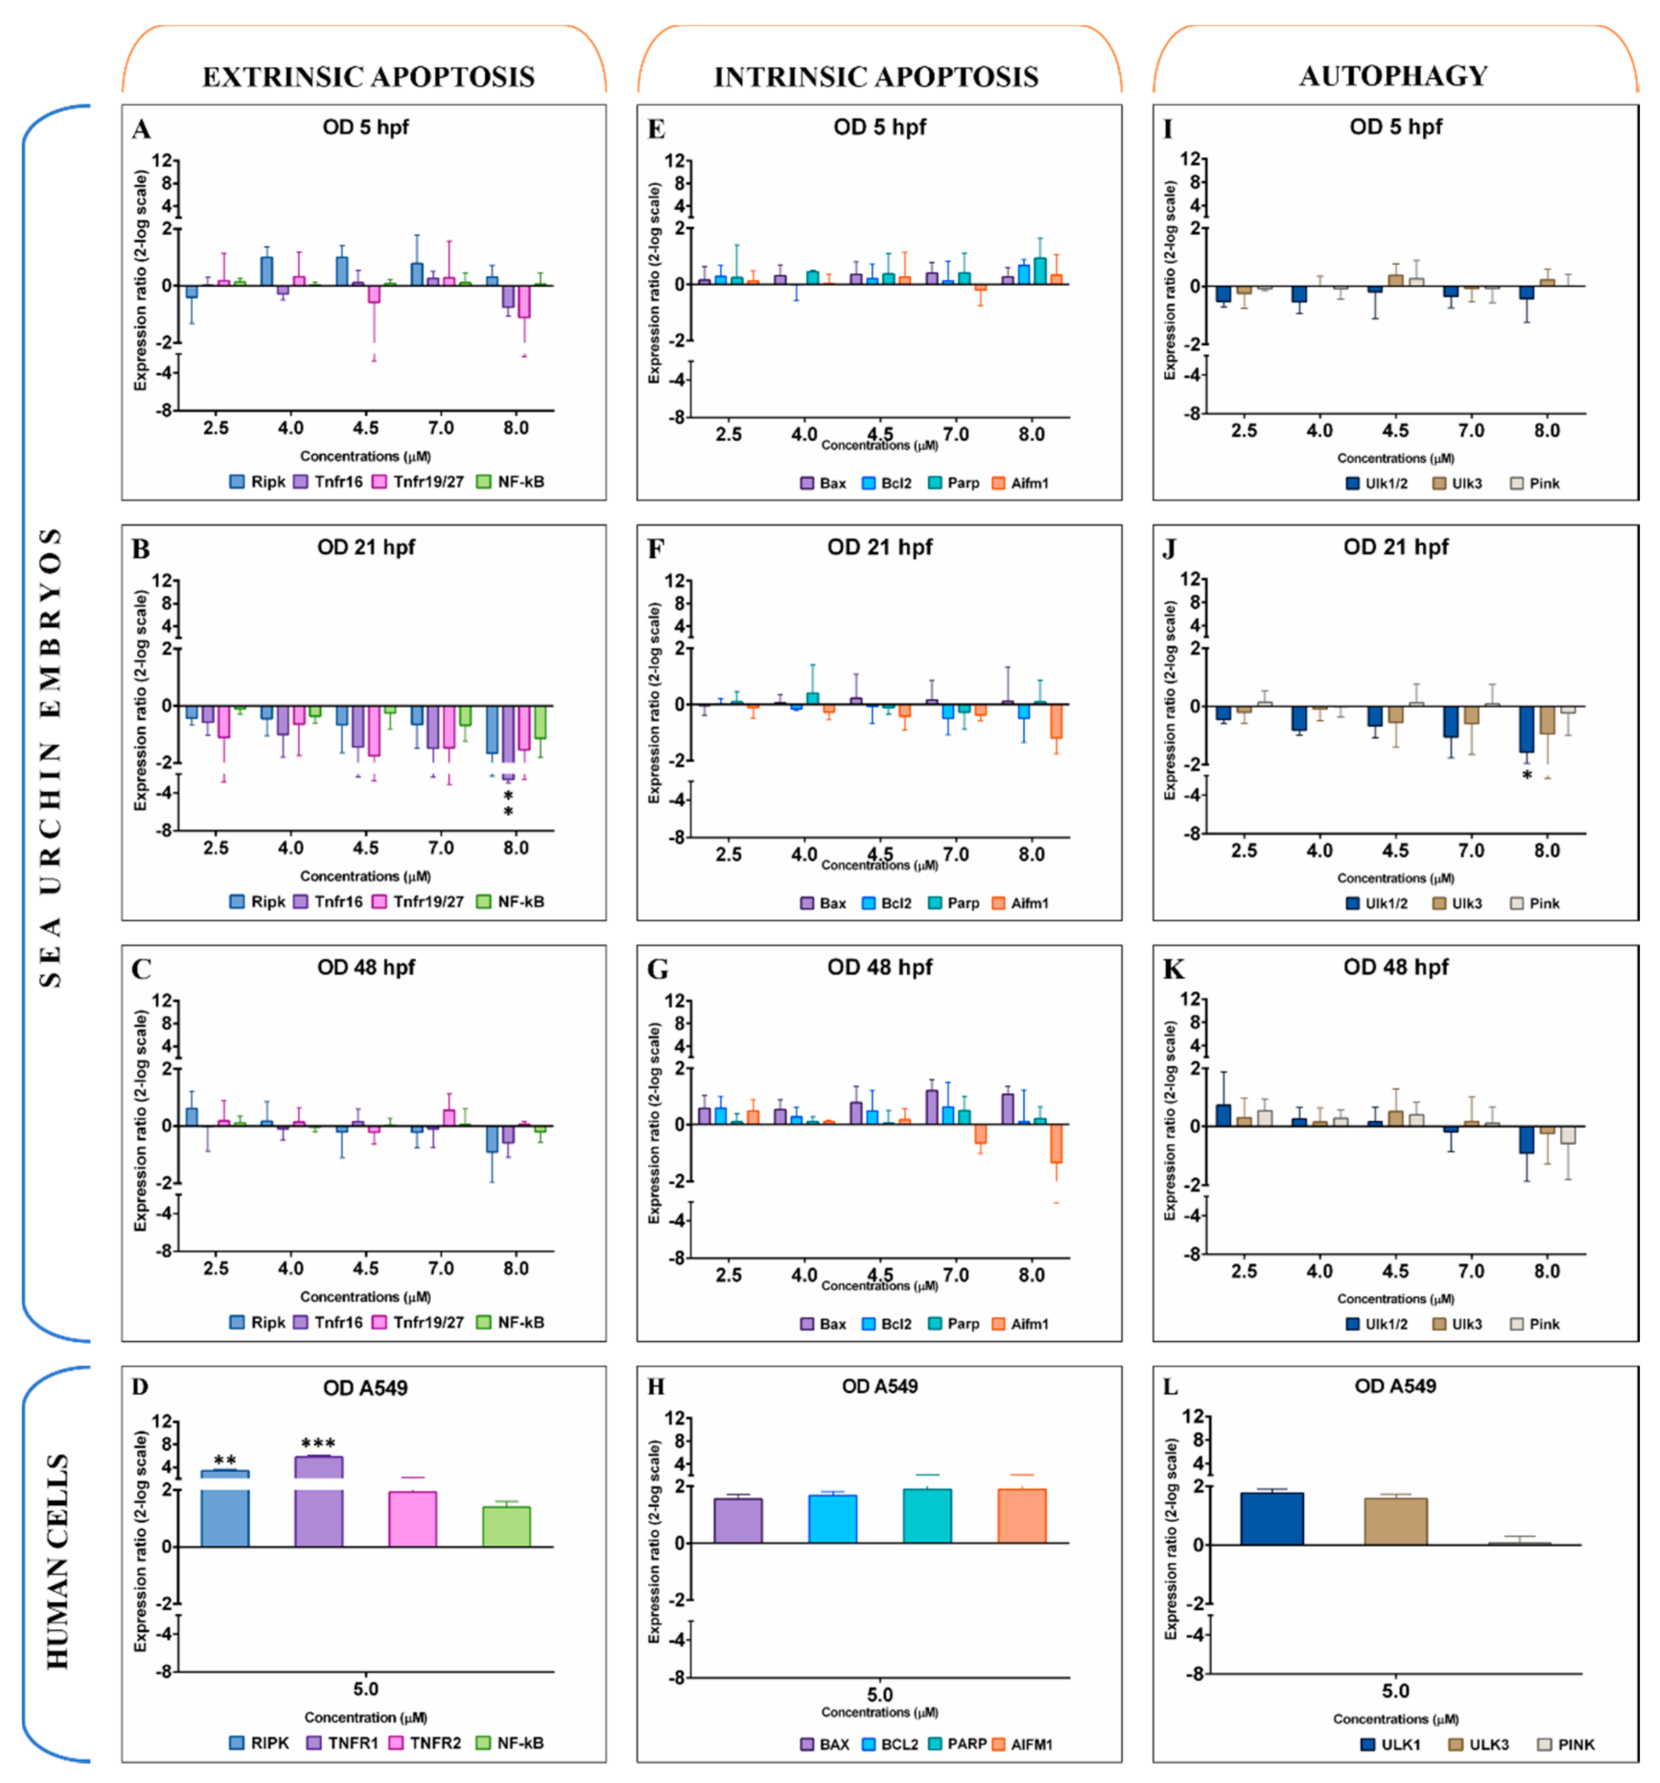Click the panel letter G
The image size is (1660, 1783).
click(x=657, y=970)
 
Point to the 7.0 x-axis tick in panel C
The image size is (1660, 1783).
click(x=440, y=1268)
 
